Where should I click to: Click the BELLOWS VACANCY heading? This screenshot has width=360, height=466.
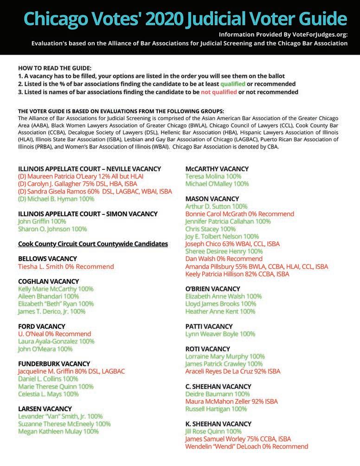pos(47,259)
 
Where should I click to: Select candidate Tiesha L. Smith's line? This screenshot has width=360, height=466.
pos(66,266)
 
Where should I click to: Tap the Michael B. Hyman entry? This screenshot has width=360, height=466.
pos(56,199)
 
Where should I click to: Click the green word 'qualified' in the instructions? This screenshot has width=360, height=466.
pos(232,84)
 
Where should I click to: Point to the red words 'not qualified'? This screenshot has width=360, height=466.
pos(219,92)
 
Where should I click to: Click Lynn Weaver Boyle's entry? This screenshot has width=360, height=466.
pos(220,334)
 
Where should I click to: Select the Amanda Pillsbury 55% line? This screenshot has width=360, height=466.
pos(257,266)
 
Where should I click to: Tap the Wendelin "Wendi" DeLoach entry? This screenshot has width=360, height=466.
pos(246,447)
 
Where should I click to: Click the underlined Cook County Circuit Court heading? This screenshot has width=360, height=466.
pos(93,244)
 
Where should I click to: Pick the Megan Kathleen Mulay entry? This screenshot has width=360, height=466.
pos(58,431)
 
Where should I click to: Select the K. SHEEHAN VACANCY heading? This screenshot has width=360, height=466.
pos(219,424)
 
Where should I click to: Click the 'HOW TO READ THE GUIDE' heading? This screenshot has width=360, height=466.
pos(55,68)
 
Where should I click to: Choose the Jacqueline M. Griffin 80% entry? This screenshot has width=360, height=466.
pos(71,371)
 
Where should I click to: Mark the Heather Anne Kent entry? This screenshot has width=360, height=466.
pos(220,311)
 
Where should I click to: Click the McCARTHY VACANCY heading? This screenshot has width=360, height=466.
pos(217,169)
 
